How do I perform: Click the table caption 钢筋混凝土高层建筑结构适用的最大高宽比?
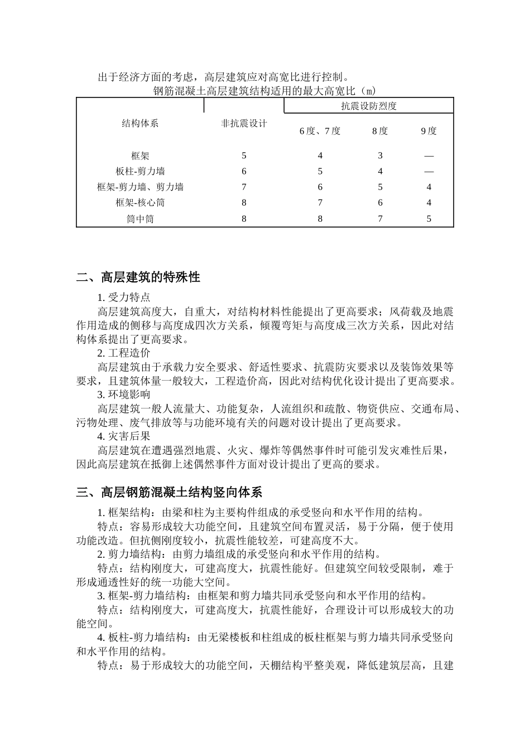264,90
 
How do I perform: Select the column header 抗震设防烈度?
369,106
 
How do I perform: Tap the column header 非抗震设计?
244,124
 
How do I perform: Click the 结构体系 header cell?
140,124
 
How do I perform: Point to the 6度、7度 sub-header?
320,131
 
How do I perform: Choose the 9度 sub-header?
428,131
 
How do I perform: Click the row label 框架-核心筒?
140,203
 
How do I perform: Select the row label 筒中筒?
140,219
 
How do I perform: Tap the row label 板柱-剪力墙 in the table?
140,171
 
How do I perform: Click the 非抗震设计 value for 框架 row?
244,156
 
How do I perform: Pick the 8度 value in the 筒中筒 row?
380,219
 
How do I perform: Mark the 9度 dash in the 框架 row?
428,156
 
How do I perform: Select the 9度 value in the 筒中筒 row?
428,219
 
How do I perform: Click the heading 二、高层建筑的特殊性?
138,277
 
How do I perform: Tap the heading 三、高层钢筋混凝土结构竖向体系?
169,492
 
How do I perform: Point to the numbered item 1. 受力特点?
124,297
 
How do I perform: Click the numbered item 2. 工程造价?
124,353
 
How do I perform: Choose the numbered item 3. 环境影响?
124,395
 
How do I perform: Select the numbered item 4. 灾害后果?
124,436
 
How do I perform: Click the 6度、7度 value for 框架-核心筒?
320,203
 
